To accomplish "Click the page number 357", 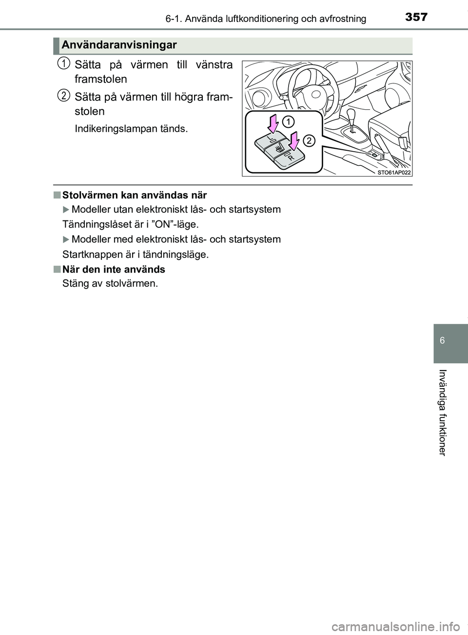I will (x=416, y=18).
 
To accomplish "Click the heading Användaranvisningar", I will (x=119, y=45).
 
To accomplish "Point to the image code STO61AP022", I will (x=394, y=173).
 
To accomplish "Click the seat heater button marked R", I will (x=289, y=157).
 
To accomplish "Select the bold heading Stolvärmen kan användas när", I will (x=135, y=195).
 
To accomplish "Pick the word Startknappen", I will (x=90, y=255).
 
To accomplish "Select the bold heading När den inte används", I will (x=114, y=269).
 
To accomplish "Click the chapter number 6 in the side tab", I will (x=442, y=340).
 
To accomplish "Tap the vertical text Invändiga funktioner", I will (x=442, y=412).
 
